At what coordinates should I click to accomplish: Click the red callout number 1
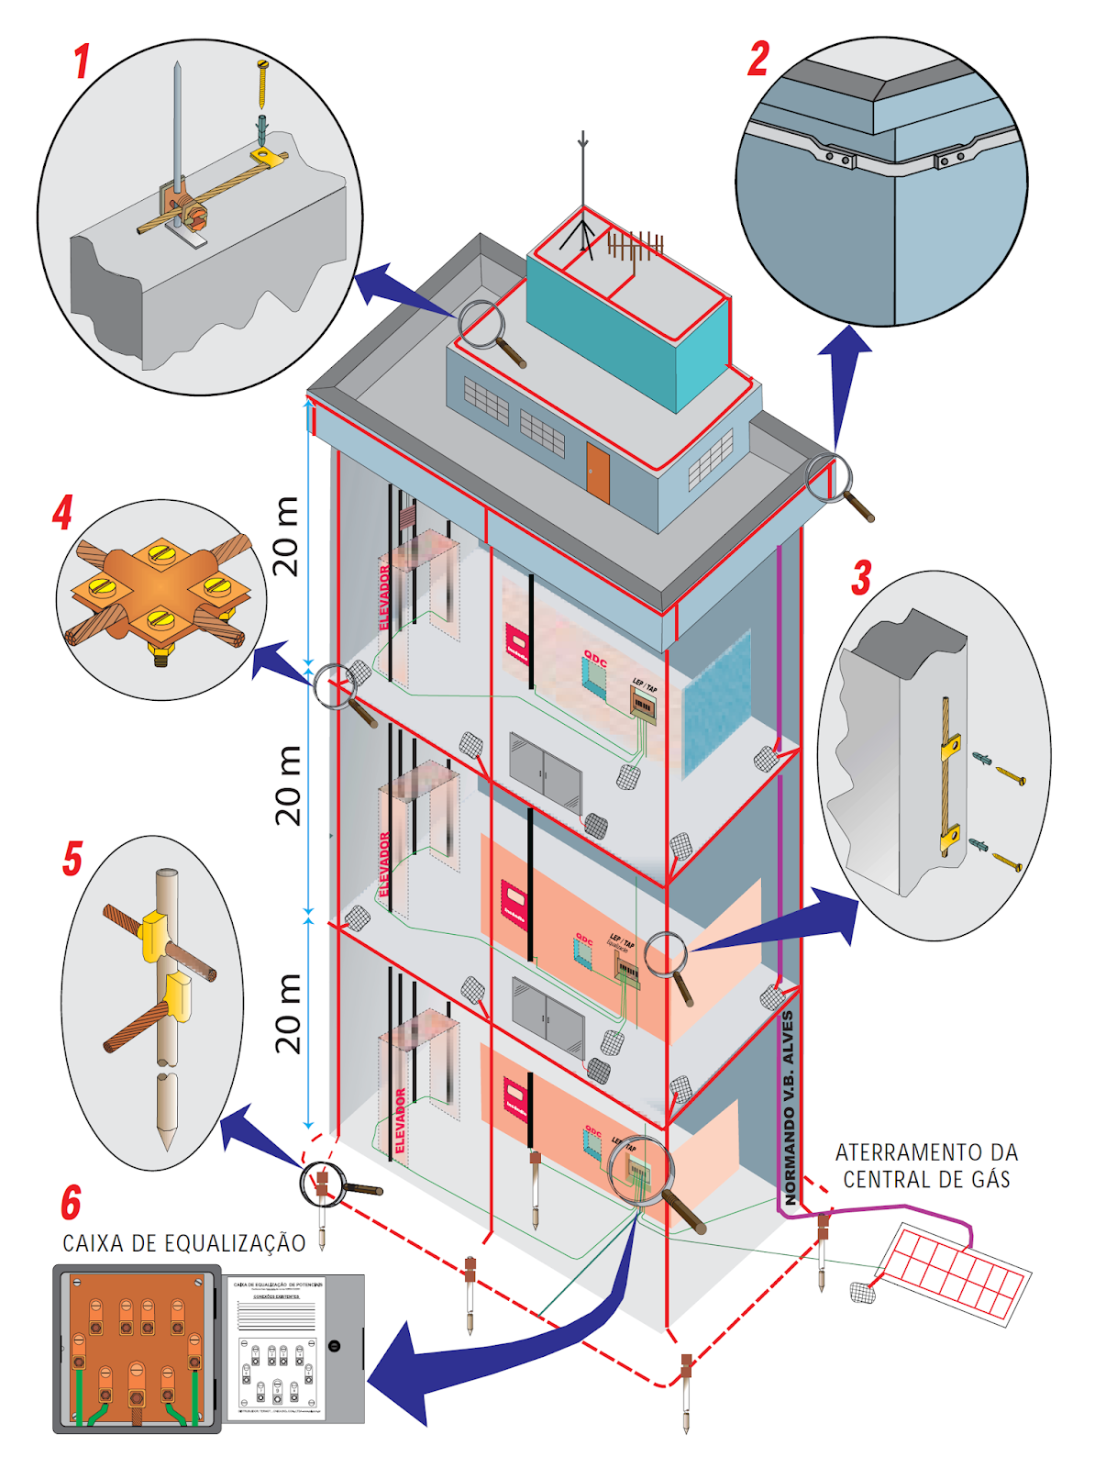pos(82,61)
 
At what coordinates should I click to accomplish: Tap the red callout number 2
pos(758,59)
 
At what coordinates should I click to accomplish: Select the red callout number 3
pos(861,578)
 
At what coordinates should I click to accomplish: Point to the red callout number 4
pos(62,513)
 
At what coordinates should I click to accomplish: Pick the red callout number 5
pos(72,860)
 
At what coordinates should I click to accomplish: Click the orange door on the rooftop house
pos(598,473)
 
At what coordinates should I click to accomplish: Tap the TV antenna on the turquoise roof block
pos(634,246)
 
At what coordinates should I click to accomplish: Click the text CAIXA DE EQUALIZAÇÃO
pos(183,1243)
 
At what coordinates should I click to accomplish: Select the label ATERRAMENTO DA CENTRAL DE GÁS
pos(926,1165)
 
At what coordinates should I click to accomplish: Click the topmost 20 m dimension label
pos(286,536)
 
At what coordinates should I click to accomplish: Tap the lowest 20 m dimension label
pos(288,1013)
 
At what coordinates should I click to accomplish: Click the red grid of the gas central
pos(953,1272)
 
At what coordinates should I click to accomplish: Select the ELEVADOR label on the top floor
pos(385,597)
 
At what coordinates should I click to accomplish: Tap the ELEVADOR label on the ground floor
pos(400,1120)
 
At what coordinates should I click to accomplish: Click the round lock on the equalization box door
pos(335,1345)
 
